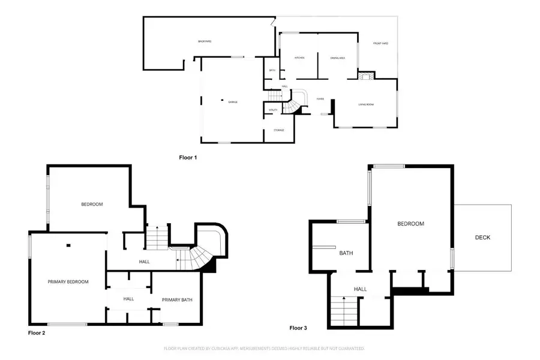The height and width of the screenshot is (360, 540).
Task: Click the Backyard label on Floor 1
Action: [x=205, y=41]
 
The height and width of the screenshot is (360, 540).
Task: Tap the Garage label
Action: [x=233, y=102]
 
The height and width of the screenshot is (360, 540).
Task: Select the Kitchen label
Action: [x=299, y=58]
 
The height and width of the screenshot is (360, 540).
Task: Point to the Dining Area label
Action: [x=337, y=58]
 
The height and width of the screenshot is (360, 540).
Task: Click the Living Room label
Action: [x=366, y=105]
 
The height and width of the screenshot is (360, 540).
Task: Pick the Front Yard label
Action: [x=380, y=43]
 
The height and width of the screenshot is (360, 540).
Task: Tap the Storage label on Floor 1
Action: [x=278, y=130]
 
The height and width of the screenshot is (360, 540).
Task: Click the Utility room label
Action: [x=272, y=110]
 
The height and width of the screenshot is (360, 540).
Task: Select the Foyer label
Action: [x=313, y=100]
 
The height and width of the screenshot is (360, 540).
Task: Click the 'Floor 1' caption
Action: [x=188, y=158]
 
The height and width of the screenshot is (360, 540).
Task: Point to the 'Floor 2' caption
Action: [x=37, y=332]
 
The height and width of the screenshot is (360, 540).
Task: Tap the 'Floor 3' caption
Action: [x=298, y=328]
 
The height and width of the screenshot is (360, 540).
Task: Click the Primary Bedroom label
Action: [x=68, y=281]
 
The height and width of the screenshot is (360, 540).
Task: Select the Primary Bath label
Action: [x=177, y=299]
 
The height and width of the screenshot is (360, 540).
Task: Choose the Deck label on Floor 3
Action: [x=482, y=238]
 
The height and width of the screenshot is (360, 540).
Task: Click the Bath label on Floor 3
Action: [x=346, y=253]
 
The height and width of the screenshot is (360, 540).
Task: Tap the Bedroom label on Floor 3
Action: [x=410, y=224]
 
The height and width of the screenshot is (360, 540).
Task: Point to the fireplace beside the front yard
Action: [x=365, y=76]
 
